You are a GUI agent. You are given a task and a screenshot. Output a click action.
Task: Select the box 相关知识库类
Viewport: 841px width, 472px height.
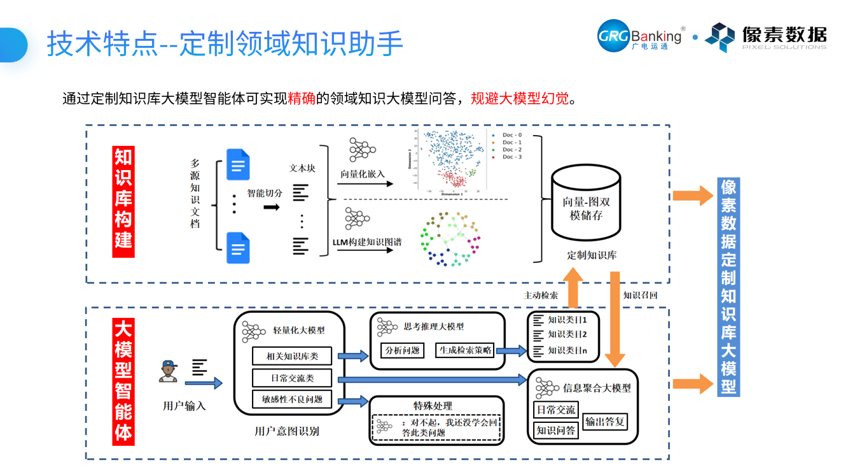pyautogui.click(x=292, y=357)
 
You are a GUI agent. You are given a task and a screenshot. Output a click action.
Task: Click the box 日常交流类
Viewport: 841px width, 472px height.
pyautogui.click(x=292, y=378)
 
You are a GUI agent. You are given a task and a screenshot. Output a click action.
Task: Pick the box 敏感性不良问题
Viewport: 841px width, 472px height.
pyautogui.click(x=292, y=400)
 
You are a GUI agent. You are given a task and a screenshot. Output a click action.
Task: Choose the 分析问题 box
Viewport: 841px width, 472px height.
pyautogui.click(x=403, y=350)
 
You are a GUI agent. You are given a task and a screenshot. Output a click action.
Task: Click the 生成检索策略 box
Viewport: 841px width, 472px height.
pyautogui.click(x=465, y=350)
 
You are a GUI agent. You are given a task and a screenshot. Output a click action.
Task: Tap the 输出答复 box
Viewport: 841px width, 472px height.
pyautogui.click(x=604, y=421)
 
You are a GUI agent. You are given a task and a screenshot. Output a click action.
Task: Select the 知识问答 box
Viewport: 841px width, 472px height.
pyautogui.click(x=556, y=431)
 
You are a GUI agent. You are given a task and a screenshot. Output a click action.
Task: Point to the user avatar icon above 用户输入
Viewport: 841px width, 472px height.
pyautogui.click(x=168, y=372)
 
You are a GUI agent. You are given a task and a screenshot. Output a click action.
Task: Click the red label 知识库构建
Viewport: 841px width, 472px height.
pyautogui.click(x=123, y=202)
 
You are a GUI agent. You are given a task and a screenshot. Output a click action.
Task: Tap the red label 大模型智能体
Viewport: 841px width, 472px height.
pyautogui.click(x=123, y=381)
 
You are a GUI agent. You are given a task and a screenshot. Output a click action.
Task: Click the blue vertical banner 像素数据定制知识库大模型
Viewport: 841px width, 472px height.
pyautogui.click(x=728, y=287)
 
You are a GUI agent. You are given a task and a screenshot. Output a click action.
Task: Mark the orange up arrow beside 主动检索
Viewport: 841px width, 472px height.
pyautogui.click(x=574, y=287)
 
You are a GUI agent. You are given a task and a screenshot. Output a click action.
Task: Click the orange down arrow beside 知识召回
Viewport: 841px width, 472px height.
pyautogui.click(x=615, y=318)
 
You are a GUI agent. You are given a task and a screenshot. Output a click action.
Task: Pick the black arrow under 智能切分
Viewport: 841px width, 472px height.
pyautogui.click(x=272, y=207)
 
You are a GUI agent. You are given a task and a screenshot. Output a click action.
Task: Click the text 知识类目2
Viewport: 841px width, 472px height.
pyautogui.click(x=566, y=334)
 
